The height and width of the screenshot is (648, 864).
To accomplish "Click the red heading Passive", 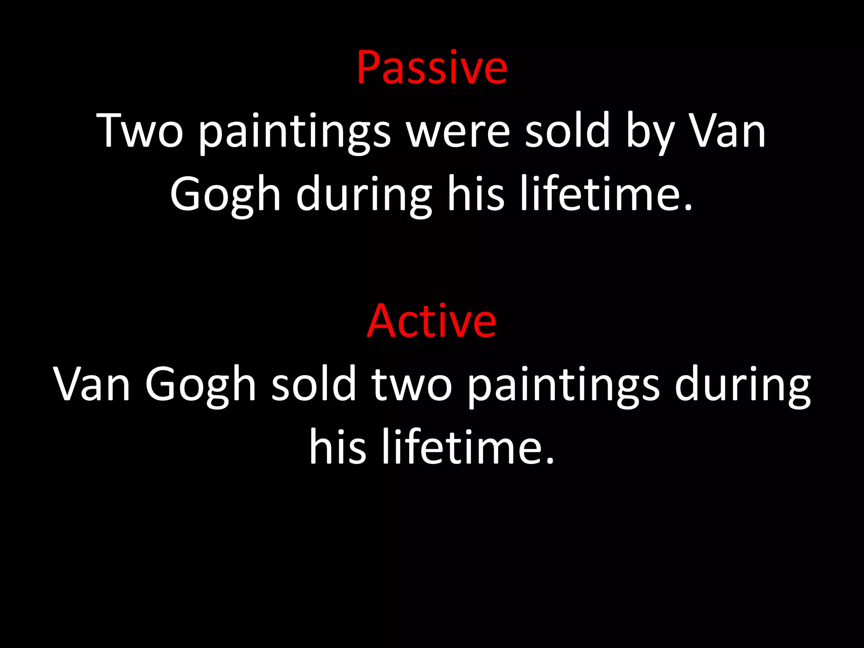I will point(432,67).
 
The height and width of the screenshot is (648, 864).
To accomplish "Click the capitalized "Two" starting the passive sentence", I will point(140,131).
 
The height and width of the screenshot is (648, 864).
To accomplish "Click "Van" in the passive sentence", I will point(727,131).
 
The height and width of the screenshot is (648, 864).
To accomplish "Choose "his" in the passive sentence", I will point(475,194).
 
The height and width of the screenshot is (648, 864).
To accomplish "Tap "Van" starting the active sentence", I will point(92,384).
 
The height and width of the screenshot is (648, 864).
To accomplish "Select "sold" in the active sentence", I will point(314,384).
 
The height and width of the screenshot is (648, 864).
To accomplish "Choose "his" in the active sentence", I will point(337,447).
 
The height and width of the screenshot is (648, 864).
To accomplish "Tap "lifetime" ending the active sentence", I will point(467,447).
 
